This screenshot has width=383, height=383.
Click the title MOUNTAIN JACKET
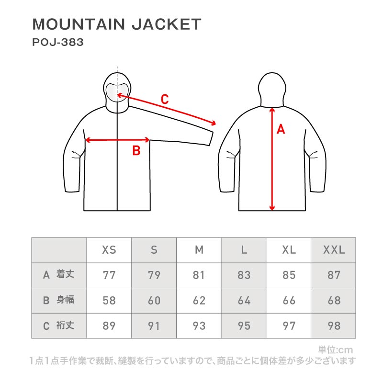pos(116,24)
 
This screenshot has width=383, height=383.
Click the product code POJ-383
pos(57,42)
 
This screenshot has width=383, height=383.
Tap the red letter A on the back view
pos(281,129)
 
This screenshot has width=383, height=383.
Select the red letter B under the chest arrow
pos(136,151)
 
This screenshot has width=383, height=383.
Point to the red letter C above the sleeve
pos(164,100)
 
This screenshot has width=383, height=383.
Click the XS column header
pos(109,250)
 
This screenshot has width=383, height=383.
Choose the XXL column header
pos(334,250)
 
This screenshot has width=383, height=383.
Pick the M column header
pos(199,250)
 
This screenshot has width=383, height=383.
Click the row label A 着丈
pos(59,274)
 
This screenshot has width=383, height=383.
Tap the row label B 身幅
pos(59,300)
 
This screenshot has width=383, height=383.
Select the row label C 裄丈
pos(59,326)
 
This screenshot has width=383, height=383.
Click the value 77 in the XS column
pos(109,275)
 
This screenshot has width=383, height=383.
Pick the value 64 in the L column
pos(244,301)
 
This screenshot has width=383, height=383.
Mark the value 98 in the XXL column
pos(334,326)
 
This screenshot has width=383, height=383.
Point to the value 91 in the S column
pos(154,326)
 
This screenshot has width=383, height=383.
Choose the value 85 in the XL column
pos(289,275)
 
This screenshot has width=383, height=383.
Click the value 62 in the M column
pos(199,301)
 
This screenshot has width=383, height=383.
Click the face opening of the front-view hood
pos(117,91)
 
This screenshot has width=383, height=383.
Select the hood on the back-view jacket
pos(271,89)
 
